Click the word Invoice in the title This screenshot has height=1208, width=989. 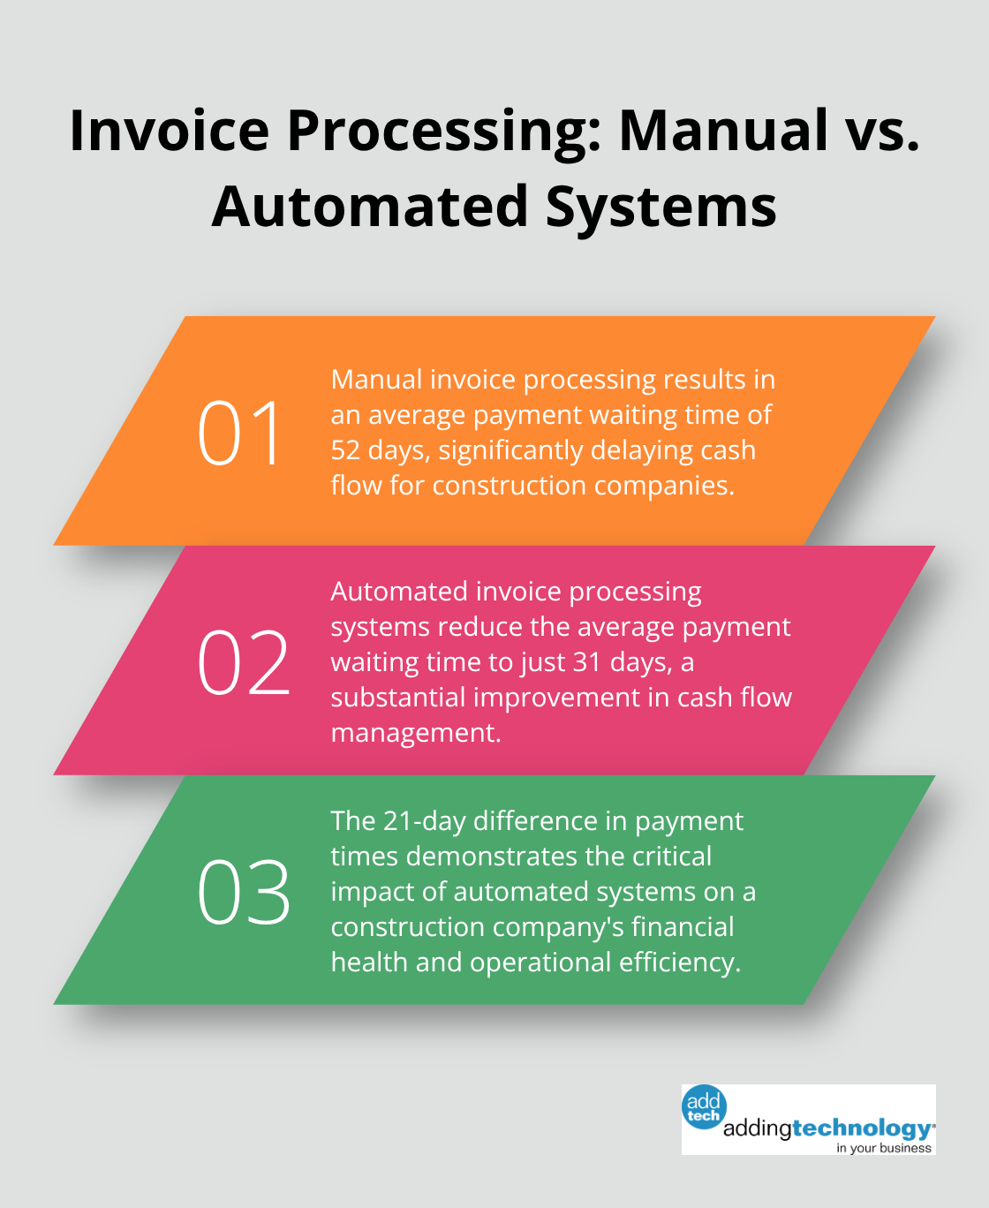pyautogui.click(x=169, y=130)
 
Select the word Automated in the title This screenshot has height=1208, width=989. pyautogui.click(x=370, y=208)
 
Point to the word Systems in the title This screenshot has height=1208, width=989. pyautogui.click(x=661, y=208)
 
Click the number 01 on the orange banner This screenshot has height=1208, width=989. pyautogui.click(x=241, y=433)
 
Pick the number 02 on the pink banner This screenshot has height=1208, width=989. pyautogui.click(x=244, y=662)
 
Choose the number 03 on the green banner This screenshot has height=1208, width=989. pyautogui.click(x=244, y=892)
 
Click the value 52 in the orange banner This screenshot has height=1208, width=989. pyautogui.click(x=345, y=450)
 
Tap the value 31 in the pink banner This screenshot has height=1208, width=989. pyautogui.click(x=586, y=662)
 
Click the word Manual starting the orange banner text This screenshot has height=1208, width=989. pyautogui.click(x=376, y=380)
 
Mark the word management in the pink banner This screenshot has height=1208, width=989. pyautogui.click(x=415, y=733)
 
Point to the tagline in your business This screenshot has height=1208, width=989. pyautogui.click(x=884, y=1148)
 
